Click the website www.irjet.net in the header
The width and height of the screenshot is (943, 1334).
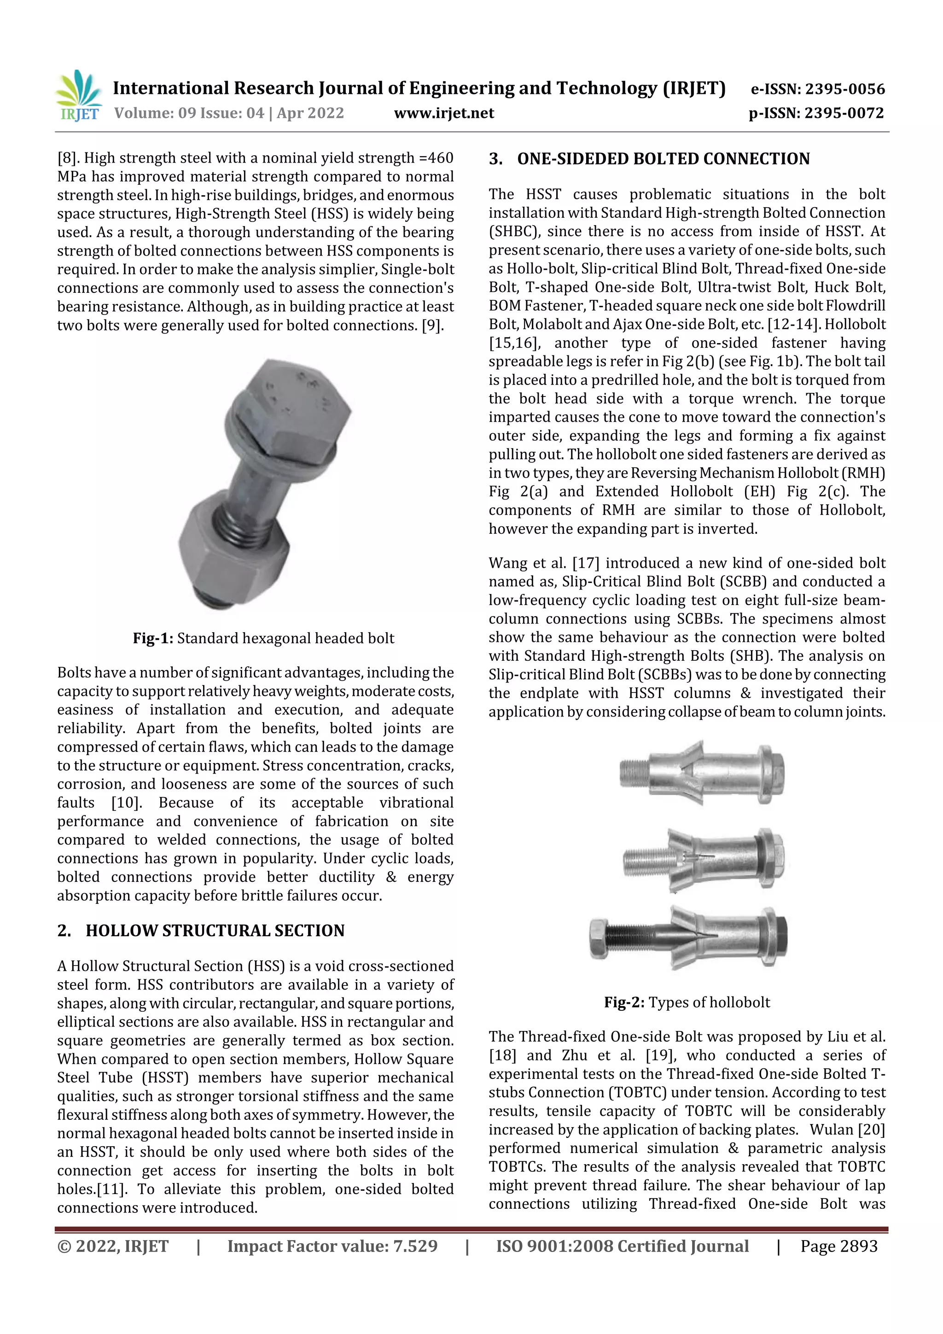tap(444, 113)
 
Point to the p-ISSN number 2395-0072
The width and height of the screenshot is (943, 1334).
tap(844, 113)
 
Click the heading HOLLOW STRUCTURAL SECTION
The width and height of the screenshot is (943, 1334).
tap(215, 931)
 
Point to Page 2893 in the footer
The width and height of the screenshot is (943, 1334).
tap(838, 1246)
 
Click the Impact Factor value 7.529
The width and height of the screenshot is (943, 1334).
tap(415, 1246)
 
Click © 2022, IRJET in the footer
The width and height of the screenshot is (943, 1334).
tap(113, 1246)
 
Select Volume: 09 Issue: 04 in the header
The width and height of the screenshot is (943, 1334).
tap(189, 113)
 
